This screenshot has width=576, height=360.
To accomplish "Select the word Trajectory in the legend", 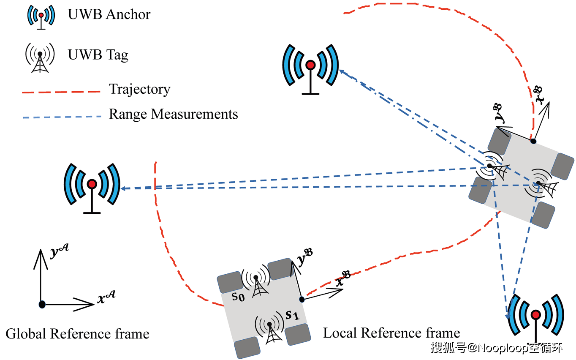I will point(139,89).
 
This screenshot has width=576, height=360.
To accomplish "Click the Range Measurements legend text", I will point(173,114).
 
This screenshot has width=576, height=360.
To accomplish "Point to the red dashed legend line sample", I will point(63,91).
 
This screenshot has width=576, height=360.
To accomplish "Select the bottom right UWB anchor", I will point(535,317).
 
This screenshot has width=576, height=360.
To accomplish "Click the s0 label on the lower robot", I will point(238,297).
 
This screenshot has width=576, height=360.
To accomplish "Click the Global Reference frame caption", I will point(77,334).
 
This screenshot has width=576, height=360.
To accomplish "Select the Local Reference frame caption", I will point(391,333).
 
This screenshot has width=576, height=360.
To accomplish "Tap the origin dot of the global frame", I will point(41,304).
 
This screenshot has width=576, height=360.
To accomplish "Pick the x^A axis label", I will point(106,298).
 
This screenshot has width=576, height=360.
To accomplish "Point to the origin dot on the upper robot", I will point(533,141).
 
